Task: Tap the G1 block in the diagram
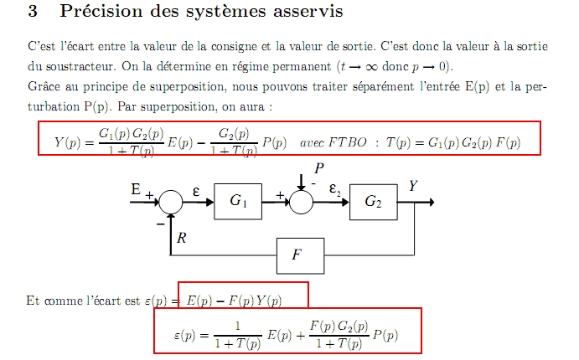238,201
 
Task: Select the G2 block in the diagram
374,201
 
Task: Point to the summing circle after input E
171,201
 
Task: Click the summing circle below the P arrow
301,201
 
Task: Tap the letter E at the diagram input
135,191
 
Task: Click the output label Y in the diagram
413,186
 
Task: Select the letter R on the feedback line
181,238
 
